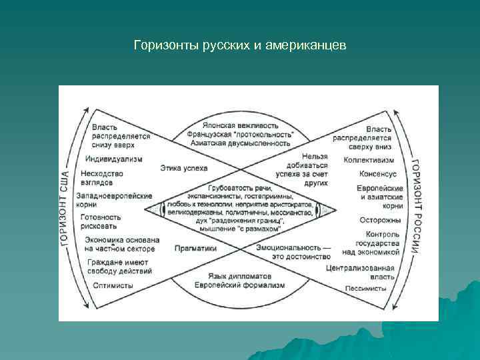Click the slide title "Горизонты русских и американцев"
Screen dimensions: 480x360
coord(239,46)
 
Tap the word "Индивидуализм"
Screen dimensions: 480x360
coord(113,159)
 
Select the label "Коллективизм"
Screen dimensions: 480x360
coord(369,160)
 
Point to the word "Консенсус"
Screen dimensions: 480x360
coord(378,173)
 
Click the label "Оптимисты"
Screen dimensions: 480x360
coord(113,285)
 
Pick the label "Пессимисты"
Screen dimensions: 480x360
coord(366,289)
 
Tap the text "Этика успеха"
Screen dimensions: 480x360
coord(184,168)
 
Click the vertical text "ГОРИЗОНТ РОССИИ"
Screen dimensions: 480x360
coord(415,207)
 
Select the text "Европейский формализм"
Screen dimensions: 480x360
coord(241,285)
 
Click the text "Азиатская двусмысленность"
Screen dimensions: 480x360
coord(241,143)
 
